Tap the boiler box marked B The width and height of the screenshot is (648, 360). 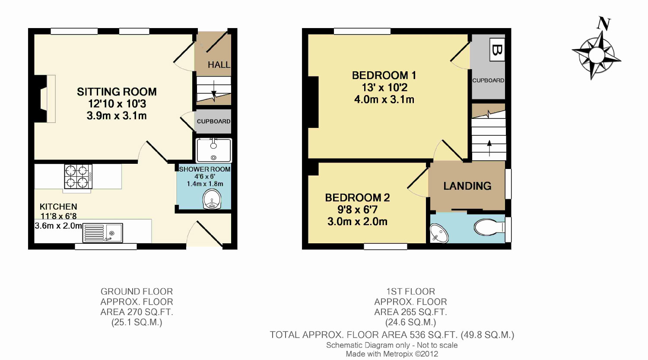(x=497, y=50)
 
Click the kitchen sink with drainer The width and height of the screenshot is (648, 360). (x=103, y=233)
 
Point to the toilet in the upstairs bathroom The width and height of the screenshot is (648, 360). (x=489, y=227)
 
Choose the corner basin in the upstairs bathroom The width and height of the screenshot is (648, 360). (x=438, y=233)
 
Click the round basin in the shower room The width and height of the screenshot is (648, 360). (x=212, y=199)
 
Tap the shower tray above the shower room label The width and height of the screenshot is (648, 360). (x=214, y=150)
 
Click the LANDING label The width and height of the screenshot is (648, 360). (x=467, y=186)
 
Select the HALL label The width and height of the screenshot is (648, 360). (x=219, y=64)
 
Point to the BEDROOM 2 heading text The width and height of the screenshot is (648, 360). (x=357, y=198)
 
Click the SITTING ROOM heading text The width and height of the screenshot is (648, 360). (x=117, y=92)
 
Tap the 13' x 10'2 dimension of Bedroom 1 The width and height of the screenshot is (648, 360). (x=384, y=87)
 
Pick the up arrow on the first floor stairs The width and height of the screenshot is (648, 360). (x=489, y=148)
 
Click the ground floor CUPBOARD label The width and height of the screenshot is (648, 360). (x=213, y=121)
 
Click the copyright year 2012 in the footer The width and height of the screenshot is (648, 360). (x=429, y=354)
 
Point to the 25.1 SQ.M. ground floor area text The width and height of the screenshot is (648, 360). (x=137, y=322)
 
